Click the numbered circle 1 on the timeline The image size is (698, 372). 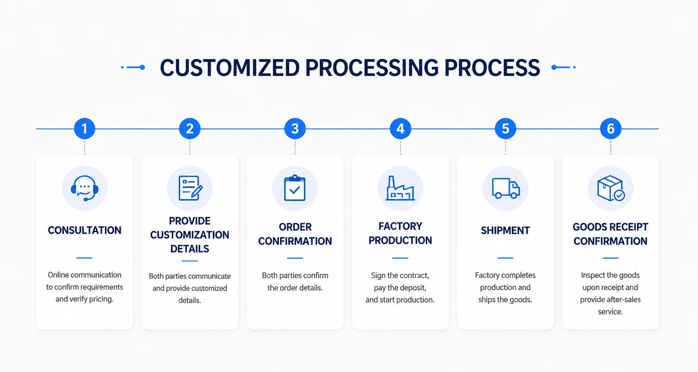point(85,129)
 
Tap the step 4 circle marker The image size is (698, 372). point(400,129)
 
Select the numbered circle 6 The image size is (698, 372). point(611,129)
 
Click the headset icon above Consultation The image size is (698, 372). point(85,188)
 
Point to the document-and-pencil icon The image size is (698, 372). point(190,188)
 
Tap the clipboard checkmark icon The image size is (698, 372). point(295,188)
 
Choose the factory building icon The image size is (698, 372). point(400,188)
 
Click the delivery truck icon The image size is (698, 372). point(506,188)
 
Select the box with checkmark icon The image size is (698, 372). point(611,188)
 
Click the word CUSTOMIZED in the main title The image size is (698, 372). point(230,68)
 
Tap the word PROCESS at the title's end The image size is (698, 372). point(492,68)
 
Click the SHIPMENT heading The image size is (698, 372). point(505,231)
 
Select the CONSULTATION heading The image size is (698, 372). point(85,230)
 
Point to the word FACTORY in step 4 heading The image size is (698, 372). point(400,226)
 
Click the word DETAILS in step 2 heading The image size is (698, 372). point(189,249)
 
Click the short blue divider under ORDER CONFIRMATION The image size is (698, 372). point(295,258)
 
